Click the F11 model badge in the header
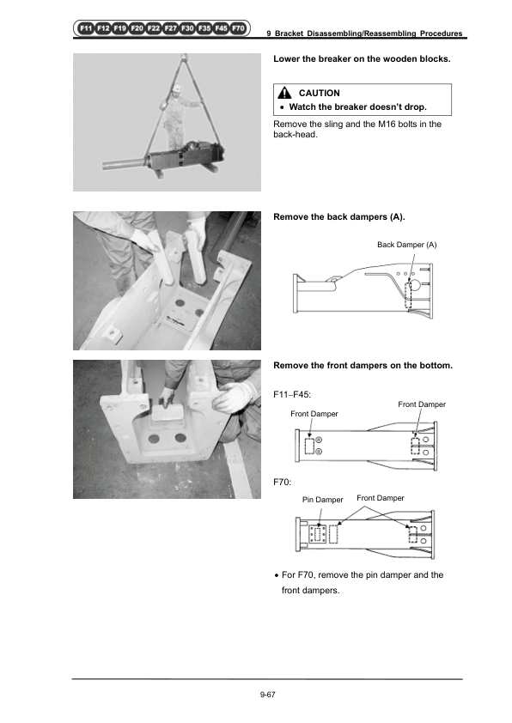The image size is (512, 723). click(86, 28)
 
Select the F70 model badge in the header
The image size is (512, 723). click(238, 28)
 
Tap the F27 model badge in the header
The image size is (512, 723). click(171, 28)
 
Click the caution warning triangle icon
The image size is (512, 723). click(284, 93)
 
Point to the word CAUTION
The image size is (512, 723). click(320, 93)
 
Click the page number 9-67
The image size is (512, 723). click(267, 695)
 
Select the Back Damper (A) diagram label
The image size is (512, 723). click(407, 245)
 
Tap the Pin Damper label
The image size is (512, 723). click(322, 500)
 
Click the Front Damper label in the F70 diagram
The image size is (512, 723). click(380, 498)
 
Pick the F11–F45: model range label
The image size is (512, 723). click(292, 395)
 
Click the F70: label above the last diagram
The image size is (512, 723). click(283, 483)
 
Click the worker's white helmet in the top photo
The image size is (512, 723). click(177, 87)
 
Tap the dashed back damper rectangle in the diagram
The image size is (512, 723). click(408, 295)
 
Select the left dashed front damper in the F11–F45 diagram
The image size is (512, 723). click(309, 446)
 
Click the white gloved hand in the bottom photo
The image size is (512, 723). click(235, 397)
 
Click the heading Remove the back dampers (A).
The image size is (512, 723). click(339, 217)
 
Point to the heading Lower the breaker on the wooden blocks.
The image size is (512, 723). click(362, 59)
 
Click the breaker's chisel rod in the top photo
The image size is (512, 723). click(125, 165)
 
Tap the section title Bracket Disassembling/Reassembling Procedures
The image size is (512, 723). click(369, 33)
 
